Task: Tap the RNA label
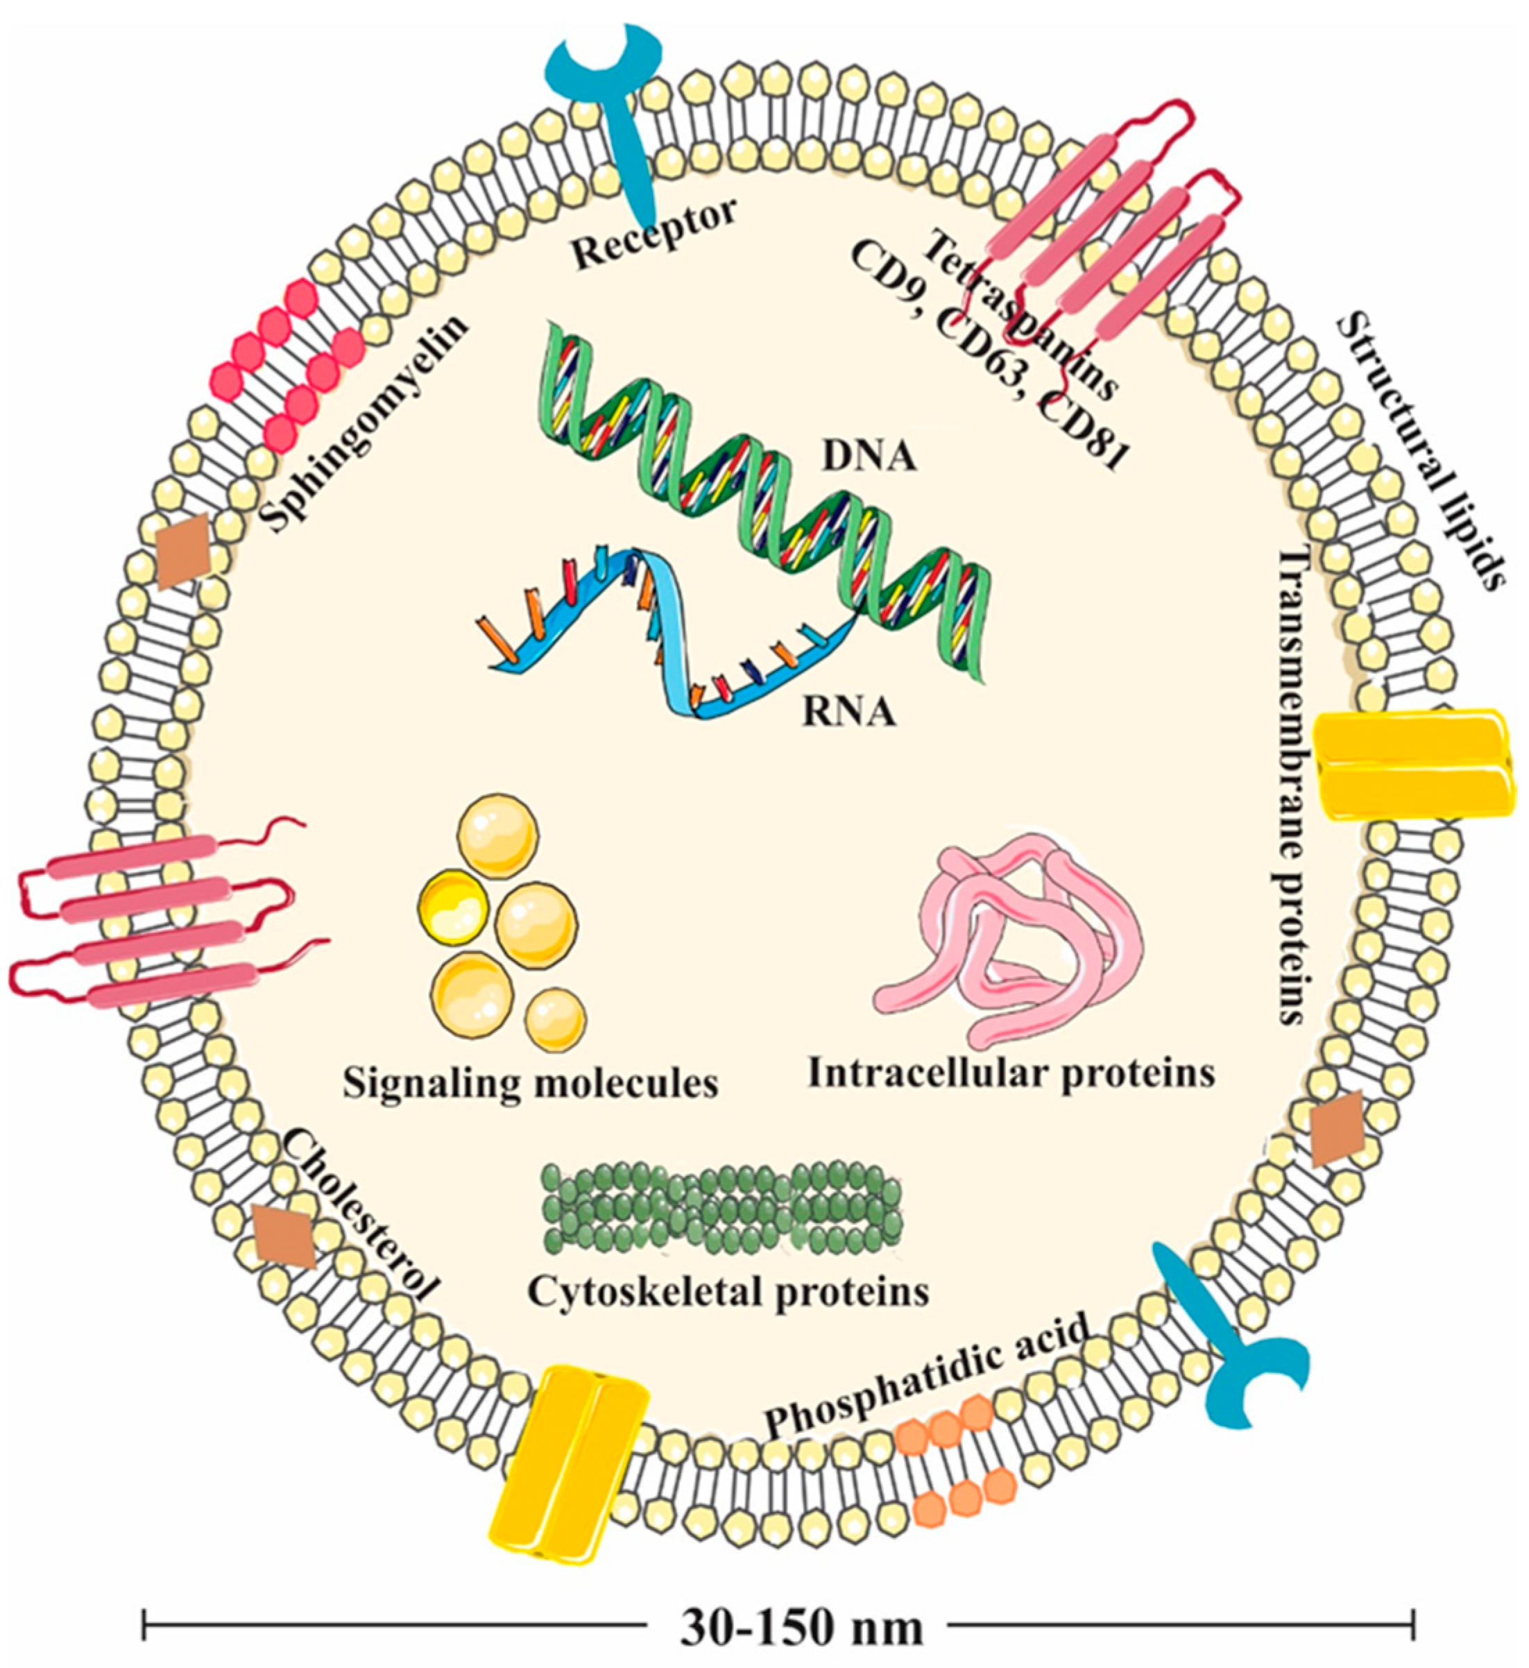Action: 848,712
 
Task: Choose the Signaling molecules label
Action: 530,1082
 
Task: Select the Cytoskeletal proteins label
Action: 728,1291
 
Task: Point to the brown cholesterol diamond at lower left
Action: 284,1237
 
